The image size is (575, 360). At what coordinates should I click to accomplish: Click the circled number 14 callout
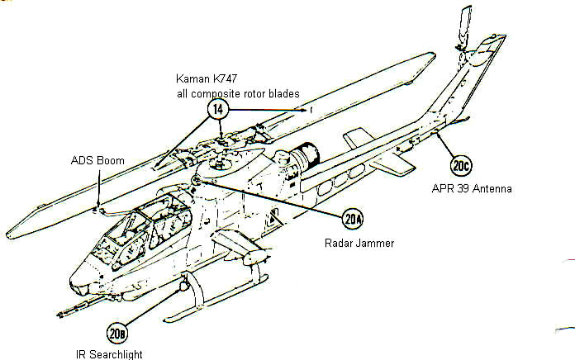[x=221, y=110]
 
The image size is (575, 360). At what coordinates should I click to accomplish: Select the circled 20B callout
[x=116, y=334]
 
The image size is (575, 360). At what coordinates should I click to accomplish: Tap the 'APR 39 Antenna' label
[x=472, y=188]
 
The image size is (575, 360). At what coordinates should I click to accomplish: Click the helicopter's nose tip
[x=74, y=273]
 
